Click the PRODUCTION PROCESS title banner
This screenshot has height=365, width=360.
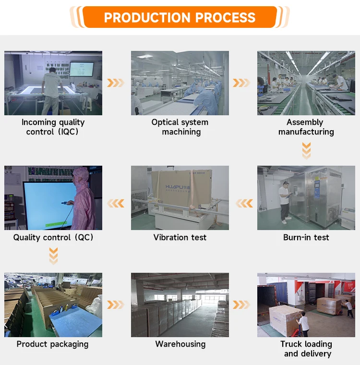[180, 17]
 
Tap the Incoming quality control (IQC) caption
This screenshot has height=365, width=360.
[53, 127]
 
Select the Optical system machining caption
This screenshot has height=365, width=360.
[180, 127]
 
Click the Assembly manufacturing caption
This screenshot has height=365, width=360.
[306, 127]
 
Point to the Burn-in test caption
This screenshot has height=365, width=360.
[306, 237]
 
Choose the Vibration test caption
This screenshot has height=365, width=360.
[180, 237]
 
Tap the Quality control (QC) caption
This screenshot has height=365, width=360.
[53, 237]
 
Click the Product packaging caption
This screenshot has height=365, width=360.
[53, 344]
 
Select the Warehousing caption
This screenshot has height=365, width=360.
[180, 344]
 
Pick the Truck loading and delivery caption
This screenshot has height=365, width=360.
[307, 349]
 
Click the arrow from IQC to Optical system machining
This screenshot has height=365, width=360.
[116, 83]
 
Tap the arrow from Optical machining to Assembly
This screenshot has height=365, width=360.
[241, 83]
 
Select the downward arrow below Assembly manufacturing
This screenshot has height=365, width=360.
[306, 150]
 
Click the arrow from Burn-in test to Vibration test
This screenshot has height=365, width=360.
[244, 204]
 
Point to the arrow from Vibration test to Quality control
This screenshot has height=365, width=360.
[116, 204]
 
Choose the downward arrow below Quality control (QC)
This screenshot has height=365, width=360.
[53, 255]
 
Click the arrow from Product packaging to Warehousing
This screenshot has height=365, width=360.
[116, 305]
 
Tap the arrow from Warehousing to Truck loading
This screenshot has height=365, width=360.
[241, 305]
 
